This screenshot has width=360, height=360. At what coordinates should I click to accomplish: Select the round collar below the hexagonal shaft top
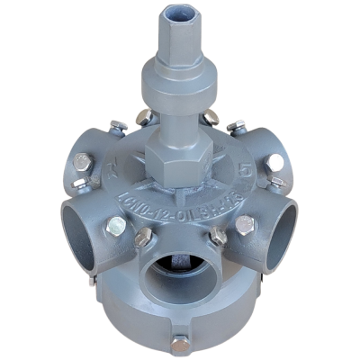(x=176, y=86)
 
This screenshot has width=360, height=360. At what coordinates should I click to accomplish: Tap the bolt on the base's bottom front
(x=181, y=342)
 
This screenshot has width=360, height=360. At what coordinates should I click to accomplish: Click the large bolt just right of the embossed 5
(x=276, y=162)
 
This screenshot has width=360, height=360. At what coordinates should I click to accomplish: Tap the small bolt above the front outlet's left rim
(x=143, y=238)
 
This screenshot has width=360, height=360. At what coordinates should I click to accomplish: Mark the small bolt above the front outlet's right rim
(x=218, y=236)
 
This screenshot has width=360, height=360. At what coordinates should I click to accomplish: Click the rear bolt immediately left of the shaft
(x=144, y=117)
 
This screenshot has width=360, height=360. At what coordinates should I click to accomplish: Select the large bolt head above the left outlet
(x=82, y=163)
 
